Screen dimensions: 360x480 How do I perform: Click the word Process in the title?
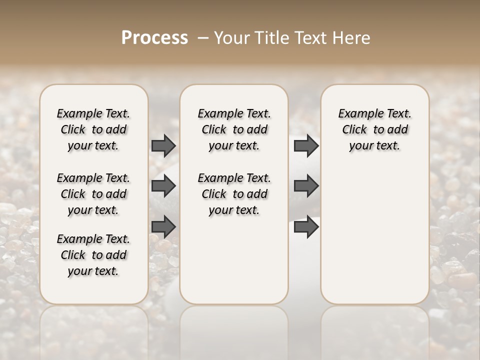[154, 38]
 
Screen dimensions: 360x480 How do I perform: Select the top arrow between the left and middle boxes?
[163, 145]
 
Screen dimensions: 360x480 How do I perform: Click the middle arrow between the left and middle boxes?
[163, 186]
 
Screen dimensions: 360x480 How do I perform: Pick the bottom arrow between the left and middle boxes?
[163, 227]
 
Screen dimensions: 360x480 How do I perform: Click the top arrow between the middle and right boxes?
[306, 145]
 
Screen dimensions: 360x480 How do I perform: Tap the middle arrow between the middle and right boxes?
[306, 186]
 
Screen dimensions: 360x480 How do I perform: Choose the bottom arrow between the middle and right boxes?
[306, 227]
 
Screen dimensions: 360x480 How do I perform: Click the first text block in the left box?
[93, 129]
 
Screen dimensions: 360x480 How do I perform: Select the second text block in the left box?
[93, 194]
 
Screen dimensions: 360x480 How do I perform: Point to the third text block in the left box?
[93, 255]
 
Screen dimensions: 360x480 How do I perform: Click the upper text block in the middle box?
[234, 129]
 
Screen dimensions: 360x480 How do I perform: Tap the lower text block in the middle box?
[234, 194]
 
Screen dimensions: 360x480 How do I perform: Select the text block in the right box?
[374, 129]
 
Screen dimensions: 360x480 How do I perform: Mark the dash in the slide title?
[203, 38]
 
